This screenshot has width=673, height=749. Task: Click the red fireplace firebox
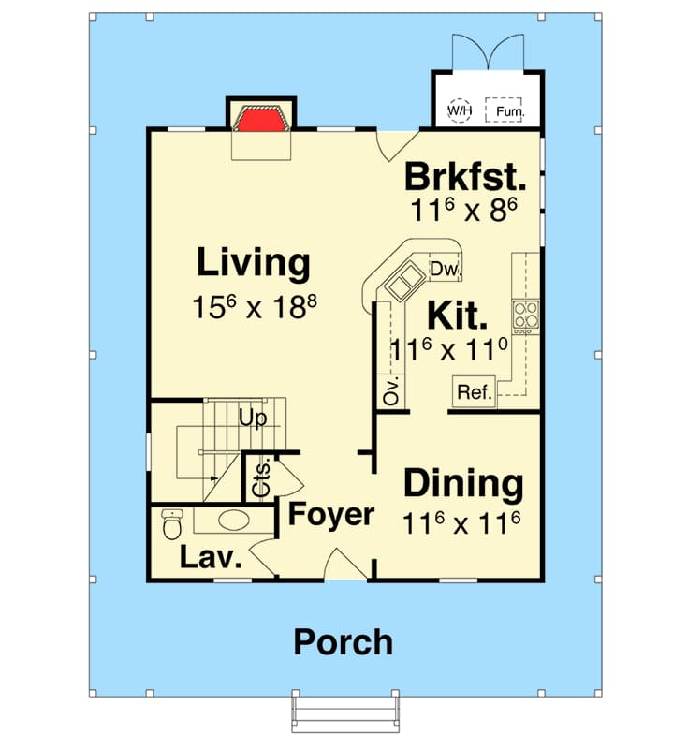click(260, 121)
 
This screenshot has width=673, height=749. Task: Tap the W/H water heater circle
click(460, 110)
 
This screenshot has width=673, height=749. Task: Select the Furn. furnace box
click(504, 110)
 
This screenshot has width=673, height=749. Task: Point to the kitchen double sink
click(405, 283)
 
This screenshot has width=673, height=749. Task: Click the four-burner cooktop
click(525, 317)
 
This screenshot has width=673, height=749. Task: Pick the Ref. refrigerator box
click(475, 392)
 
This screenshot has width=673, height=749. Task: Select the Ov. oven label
click(391, 390)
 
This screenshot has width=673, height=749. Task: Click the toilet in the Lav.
click(172, 524)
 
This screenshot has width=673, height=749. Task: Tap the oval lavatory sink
click(234, 521)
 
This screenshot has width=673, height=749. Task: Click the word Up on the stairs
click(252, 419)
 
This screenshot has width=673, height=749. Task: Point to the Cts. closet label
click(261, 477)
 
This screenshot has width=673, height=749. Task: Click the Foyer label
click(331, 514)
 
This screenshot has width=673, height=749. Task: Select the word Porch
click(343, 643)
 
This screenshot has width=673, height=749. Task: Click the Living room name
click(253, 262)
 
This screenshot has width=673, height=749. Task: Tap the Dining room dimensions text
click(461, 523)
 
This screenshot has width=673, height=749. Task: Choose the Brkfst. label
click(465, 177)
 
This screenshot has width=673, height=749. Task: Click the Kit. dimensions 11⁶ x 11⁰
click(449, 350)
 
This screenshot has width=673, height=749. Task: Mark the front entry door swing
click(345, 565)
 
